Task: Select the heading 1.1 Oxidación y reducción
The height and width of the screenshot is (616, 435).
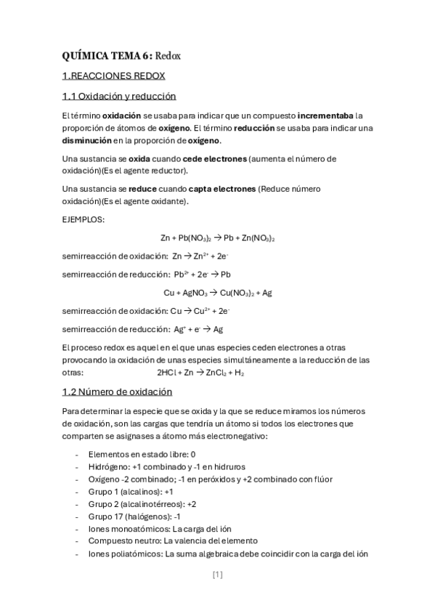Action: coord(119,97)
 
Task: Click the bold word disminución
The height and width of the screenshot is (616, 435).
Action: coord(92,140)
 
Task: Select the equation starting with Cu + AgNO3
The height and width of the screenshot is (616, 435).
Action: coord(218,293)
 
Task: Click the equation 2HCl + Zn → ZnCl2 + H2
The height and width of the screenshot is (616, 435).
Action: coord(200,373)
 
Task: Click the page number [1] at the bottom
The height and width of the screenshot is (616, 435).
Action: coord(218,575)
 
